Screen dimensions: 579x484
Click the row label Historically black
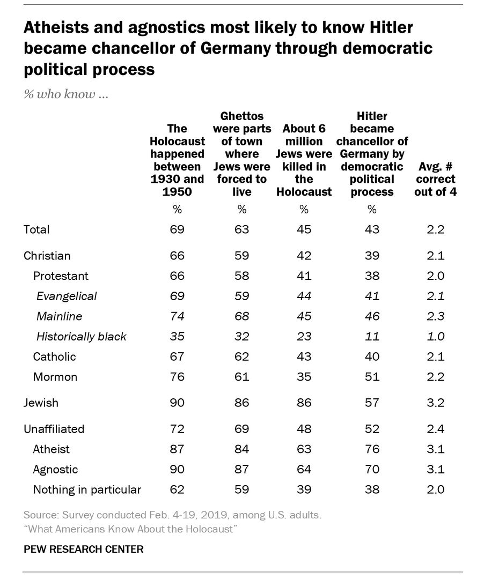tap(81, 337)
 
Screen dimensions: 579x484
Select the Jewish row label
tap(41, 403)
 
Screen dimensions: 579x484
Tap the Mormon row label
tap(55, 377)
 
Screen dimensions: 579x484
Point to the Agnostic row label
tap(55, 469)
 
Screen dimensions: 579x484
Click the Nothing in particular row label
tap(87, 489)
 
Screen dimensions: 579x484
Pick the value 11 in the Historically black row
tap(371, 337)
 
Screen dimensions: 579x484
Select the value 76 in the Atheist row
tap(371, 449)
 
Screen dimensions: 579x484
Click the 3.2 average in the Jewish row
tap(435, 403)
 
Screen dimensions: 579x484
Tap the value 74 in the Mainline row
tap(177, 316)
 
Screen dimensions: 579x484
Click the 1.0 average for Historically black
tap(435, 337)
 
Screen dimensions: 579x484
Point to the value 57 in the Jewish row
tap(371, 403)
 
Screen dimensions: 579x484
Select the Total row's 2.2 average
tap(435, 229)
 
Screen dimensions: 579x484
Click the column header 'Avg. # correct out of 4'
tap(435, 179)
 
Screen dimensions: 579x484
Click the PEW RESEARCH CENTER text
tap(83, 550)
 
